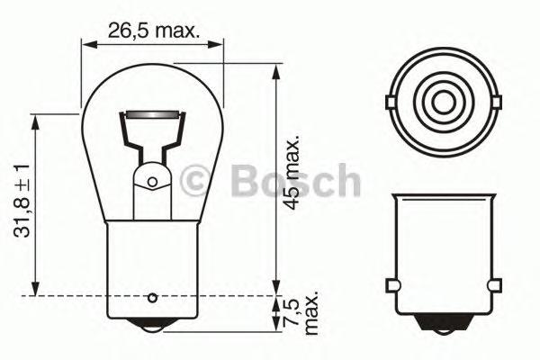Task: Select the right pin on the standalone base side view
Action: (x=492, y=287)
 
